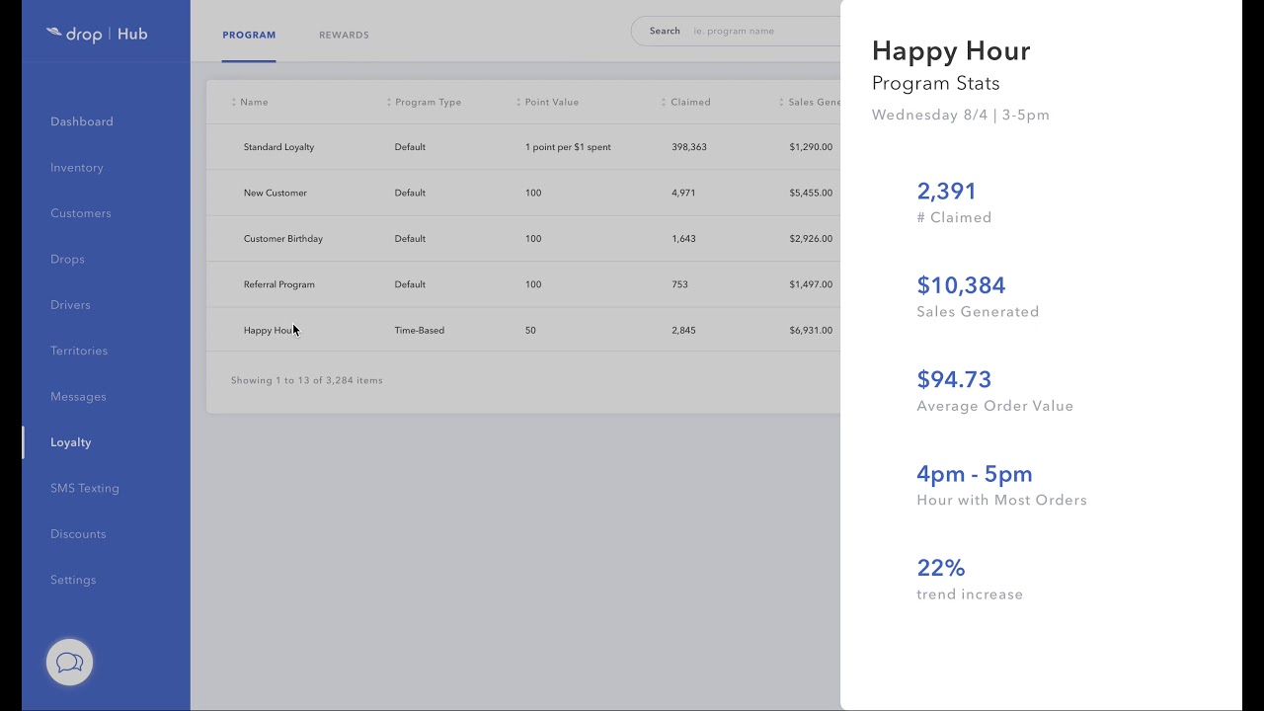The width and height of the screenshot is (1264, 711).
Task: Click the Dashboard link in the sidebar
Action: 82,121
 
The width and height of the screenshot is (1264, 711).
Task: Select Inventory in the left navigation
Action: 77,168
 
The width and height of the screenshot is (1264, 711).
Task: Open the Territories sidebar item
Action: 79,351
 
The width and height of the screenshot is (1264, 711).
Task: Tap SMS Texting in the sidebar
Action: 85,488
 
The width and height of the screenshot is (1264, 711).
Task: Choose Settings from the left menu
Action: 73,580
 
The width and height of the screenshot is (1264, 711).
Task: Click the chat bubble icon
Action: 69,663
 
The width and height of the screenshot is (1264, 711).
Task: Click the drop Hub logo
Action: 97,35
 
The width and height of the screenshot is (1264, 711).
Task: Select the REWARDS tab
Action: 344,36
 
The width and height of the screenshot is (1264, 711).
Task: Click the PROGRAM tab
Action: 249,36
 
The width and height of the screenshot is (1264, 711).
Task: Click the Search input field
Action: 760,32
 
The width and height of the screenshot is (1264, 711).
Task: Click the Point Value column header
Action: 551,103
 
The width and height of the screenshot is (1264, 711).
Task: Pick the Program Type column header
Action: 428,103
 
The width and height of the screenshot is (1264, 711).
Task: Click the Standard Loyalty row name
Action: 278,147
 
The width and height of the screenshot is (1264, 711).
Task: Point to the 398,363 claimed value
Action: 689,147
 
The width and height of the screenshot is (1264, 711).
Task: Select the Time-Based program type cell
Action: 420,331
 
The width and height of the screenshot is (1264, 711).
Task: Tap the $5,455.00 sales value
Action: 811,194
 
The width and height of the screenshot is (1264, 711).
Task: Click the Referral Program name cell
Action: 279,284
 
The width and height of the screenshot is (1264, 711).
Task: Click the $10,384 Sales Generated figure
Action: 961,285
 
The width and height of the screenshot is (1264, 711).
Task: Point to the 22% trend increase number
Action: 941,568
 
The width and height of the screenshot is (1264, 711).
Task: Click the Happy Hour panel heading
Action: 951,51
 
